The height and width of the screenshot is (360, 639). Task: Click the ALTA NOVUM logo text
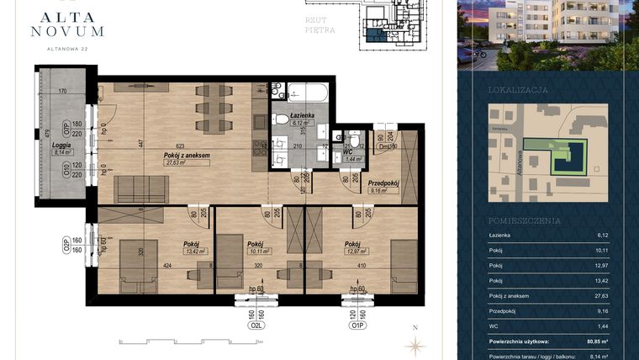(67, 22)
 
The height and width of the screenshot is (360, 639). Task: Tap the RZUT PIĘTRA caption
(320, 24)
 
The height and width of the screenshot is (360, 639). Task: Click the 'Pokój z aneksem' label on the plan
(187, 156)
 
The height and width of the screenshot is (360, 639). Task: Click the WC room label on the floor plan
(347, 151)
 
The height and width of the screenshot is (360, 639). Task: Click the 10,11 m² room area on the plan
(256, 250)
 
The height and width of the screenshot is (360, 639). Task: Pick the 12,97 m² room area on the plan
(355, 250)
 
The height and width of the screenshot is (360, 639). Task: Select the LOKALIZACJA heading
(518, 89)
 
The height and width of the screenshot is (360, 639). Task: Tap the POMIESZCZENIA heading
(524, 220)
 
